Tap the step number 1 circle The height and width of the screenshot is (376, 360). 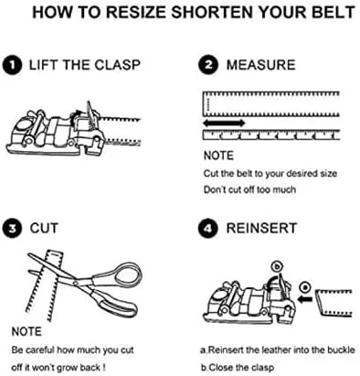12,66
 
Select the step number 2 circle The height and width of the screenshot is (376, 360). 208,66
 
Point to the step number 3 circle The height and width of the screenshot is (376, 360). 12,229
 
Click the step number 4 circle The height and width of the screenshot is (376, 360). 208,229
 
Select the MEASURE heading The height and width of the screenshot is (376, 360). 260,65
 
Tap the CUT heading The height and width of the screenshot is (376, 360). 44,229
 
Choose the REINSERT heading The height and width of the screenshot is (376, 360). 261,229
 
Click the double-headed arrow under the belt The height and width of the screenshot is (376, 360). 224,124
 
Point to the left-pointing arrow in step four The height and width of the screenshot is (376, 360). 304,299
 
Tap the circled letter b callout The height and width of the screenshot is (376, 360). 277,267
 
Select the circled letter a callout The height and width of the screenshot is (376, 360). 305,287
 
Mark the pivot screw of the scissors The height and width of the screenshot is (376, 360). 76,283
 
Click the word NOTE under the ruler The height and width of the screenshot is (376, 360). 218,156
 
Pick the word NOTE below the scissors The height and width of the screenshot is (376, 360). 26,331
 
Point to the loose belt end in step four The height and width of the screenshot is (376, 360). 334,303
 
